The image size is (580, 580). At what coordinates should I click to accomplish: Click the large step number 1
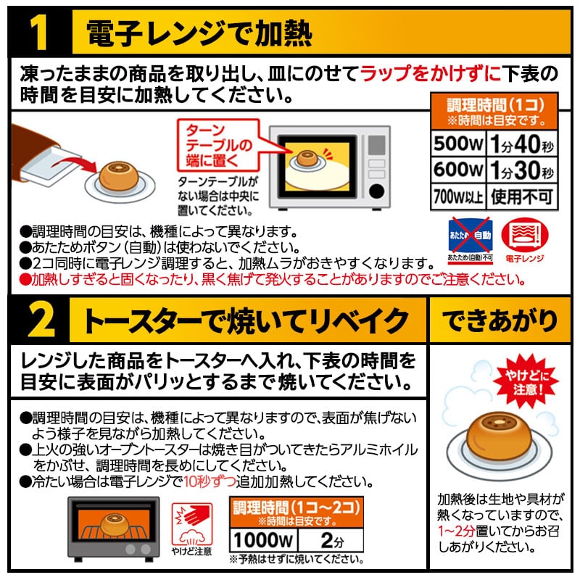click(x=37, y=33)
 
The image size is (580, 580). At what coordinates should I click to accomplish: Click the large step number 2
click(x=37, y=319)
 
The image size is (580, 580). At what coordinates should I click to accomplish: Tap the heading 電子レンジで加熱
click(x=199, y=33)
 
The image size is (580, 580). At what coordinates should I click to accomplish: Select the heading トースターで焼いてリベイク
click(x=246, y=319)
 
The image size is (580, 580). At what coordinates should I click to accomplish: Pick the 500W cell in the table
click(x=457, y=145)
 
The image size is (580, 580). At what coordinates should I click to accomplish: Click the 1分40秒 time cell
click(x=521, y=145)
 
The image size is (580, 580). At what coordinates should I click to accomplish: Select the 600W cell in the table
click(x=457, y=170)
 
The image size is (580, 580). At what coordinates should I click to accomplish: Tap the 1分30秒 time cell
click(x=521, y=170)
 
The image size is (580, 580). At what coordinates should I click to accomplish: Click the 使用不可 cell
click(x=521, y=196)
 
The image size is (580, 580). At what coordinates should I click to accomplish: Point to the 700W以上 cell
click(x=457, y=196)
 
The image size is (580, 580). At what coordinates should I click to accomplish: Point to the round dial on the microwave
click(x=377, y=192)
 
